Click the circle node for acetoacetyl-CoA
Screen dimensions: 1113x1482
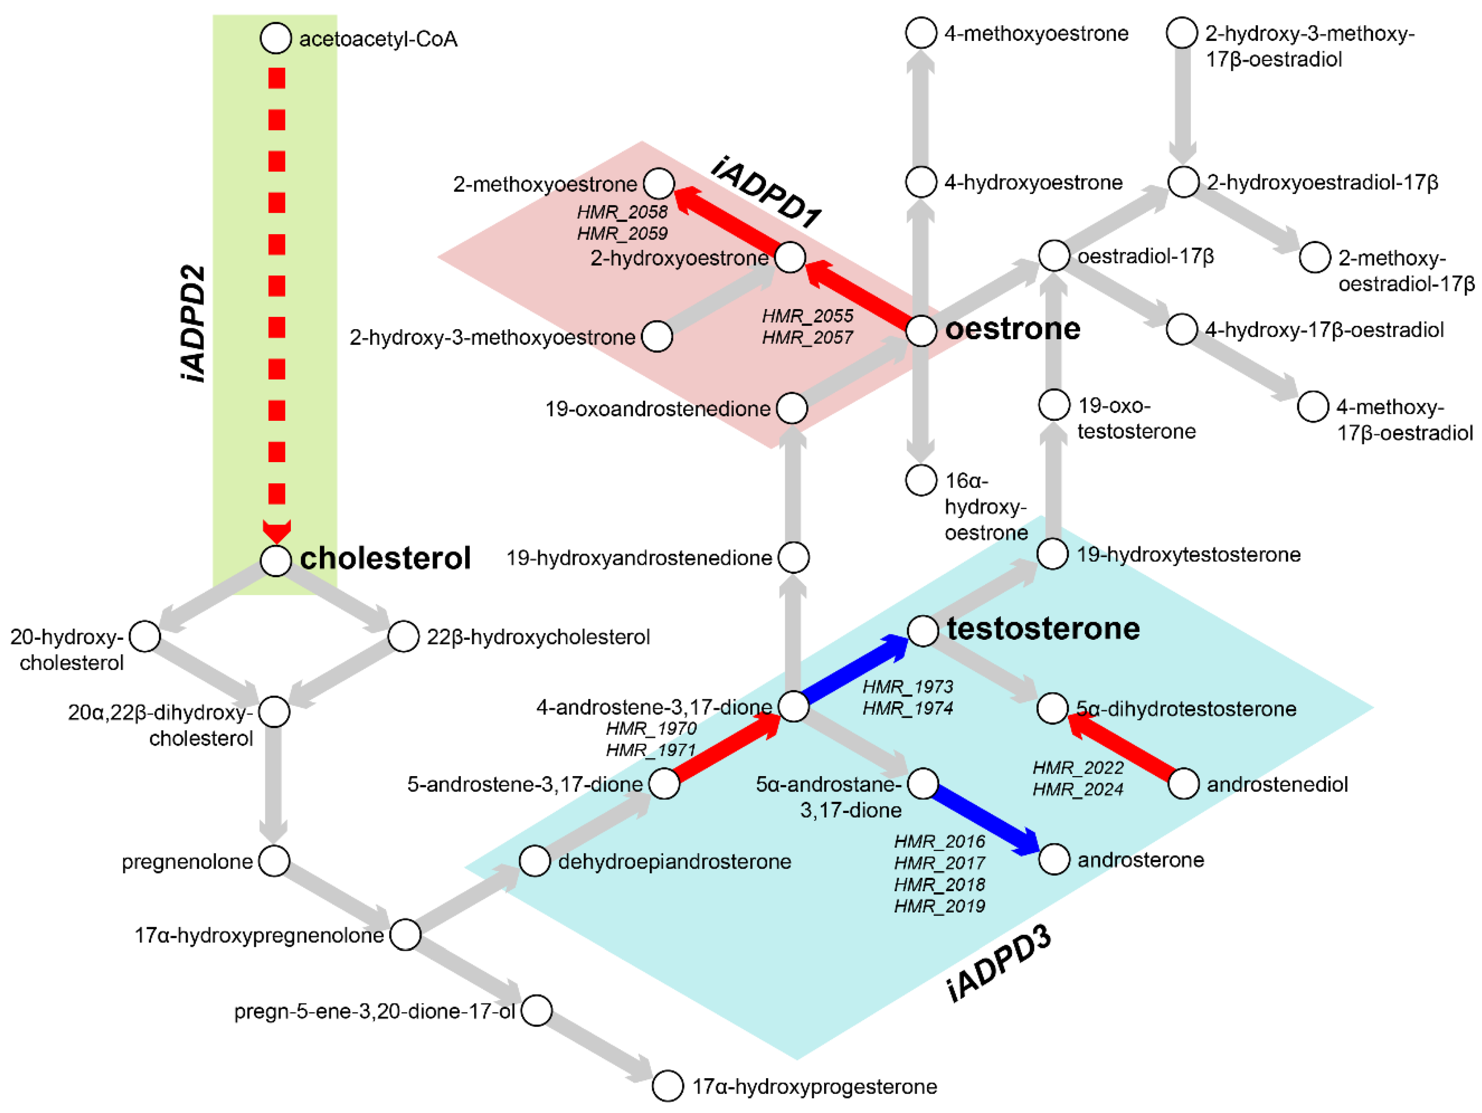[275, 38]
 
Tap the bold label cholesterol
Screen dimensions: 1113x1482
[385, 558]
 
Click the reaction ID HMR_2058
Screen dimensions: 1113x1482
[622, 212]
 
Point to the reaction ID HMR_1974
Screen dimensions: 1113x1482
[907, 708]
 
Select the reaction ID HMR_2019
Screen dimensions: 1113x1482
[939, 906]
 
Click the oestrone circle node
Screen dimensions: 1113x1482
[921, 331]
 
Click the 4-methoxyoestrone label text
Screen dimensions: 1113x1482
[1036, 34]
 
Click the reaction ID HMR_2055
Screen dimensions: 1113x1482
[807, 316]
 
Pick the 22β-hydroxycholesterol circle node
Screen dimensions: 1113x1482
[403, 636]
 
